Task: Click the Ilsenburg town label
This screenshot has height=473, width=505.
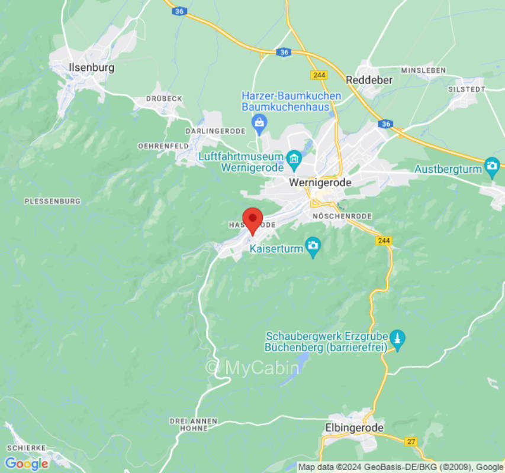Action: [x=91, y=67]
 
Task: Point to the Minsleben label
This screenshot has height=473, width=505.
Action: [x=423, y=70]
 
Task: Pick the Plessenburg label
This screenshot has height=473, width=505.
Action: [x=52, y=202]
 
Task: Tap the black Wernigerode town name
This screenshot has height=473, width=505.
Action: [x=320, y=183]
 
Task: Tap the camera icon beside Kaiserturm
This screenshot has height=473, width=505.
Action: [x=313, y=245]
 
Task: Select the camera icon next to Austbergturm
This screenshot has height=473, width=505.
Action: [x=492, y=165]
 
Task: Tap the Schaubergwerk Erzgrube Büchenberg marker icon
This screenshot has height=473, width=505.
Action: [x=398, y=340]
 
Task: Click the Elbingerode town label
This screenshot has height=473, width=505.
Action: [x=355, y=427]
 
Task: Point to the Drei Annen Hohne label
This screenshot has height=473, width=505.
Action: [x=193, y=424]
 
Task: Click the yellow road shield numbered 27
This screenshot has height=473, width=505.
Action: [x=411, y=442]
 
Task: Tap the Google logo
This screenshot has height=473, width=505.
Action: [x=27, y=464]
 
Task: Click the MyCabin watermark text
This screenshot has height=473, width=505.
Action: [x=253, y=368]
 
